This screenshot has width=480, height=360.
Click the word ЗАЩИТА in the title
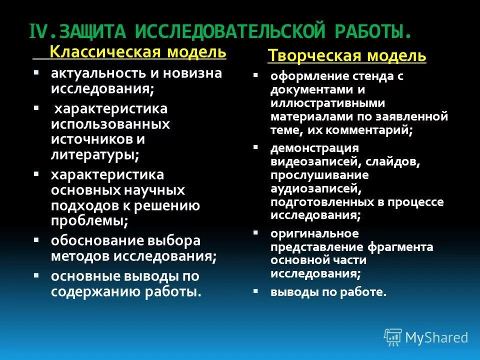click(93, 32)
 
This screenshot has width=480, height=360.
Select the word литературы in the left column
click(94, 154)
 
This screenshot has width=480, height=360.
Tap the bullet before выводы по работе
click(255, 290)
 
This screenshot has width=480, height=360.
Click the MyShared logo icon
click(392, 337)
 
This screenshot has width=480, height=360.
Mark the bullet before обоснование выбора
click(36, 239)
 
